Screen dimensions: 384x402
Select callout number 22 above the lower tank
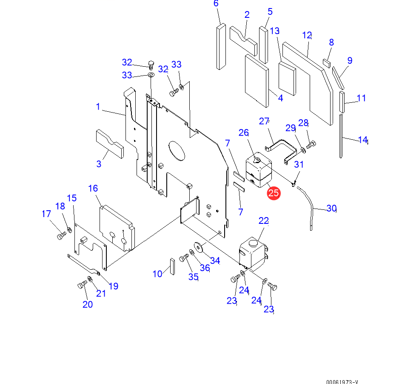264,220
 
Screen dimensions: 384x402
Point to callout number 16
93,188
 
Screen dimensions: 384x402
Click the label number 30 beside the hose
331,208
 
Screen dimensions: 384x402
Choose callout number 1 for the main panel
98,106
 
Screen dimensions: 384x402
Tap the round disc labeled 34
199,247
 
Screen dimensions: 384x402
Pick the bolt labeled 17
61,234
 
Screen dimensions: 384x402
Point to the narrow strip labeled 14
341,136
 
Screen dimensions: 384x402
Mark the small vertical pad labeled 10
173,266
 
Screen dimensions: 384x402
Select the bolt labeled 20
82,285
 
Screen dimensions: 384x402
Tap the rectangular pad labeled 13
287,78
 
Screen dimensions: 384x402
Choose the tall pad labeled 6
221,46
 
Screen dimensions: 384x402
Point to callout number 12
307,35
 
